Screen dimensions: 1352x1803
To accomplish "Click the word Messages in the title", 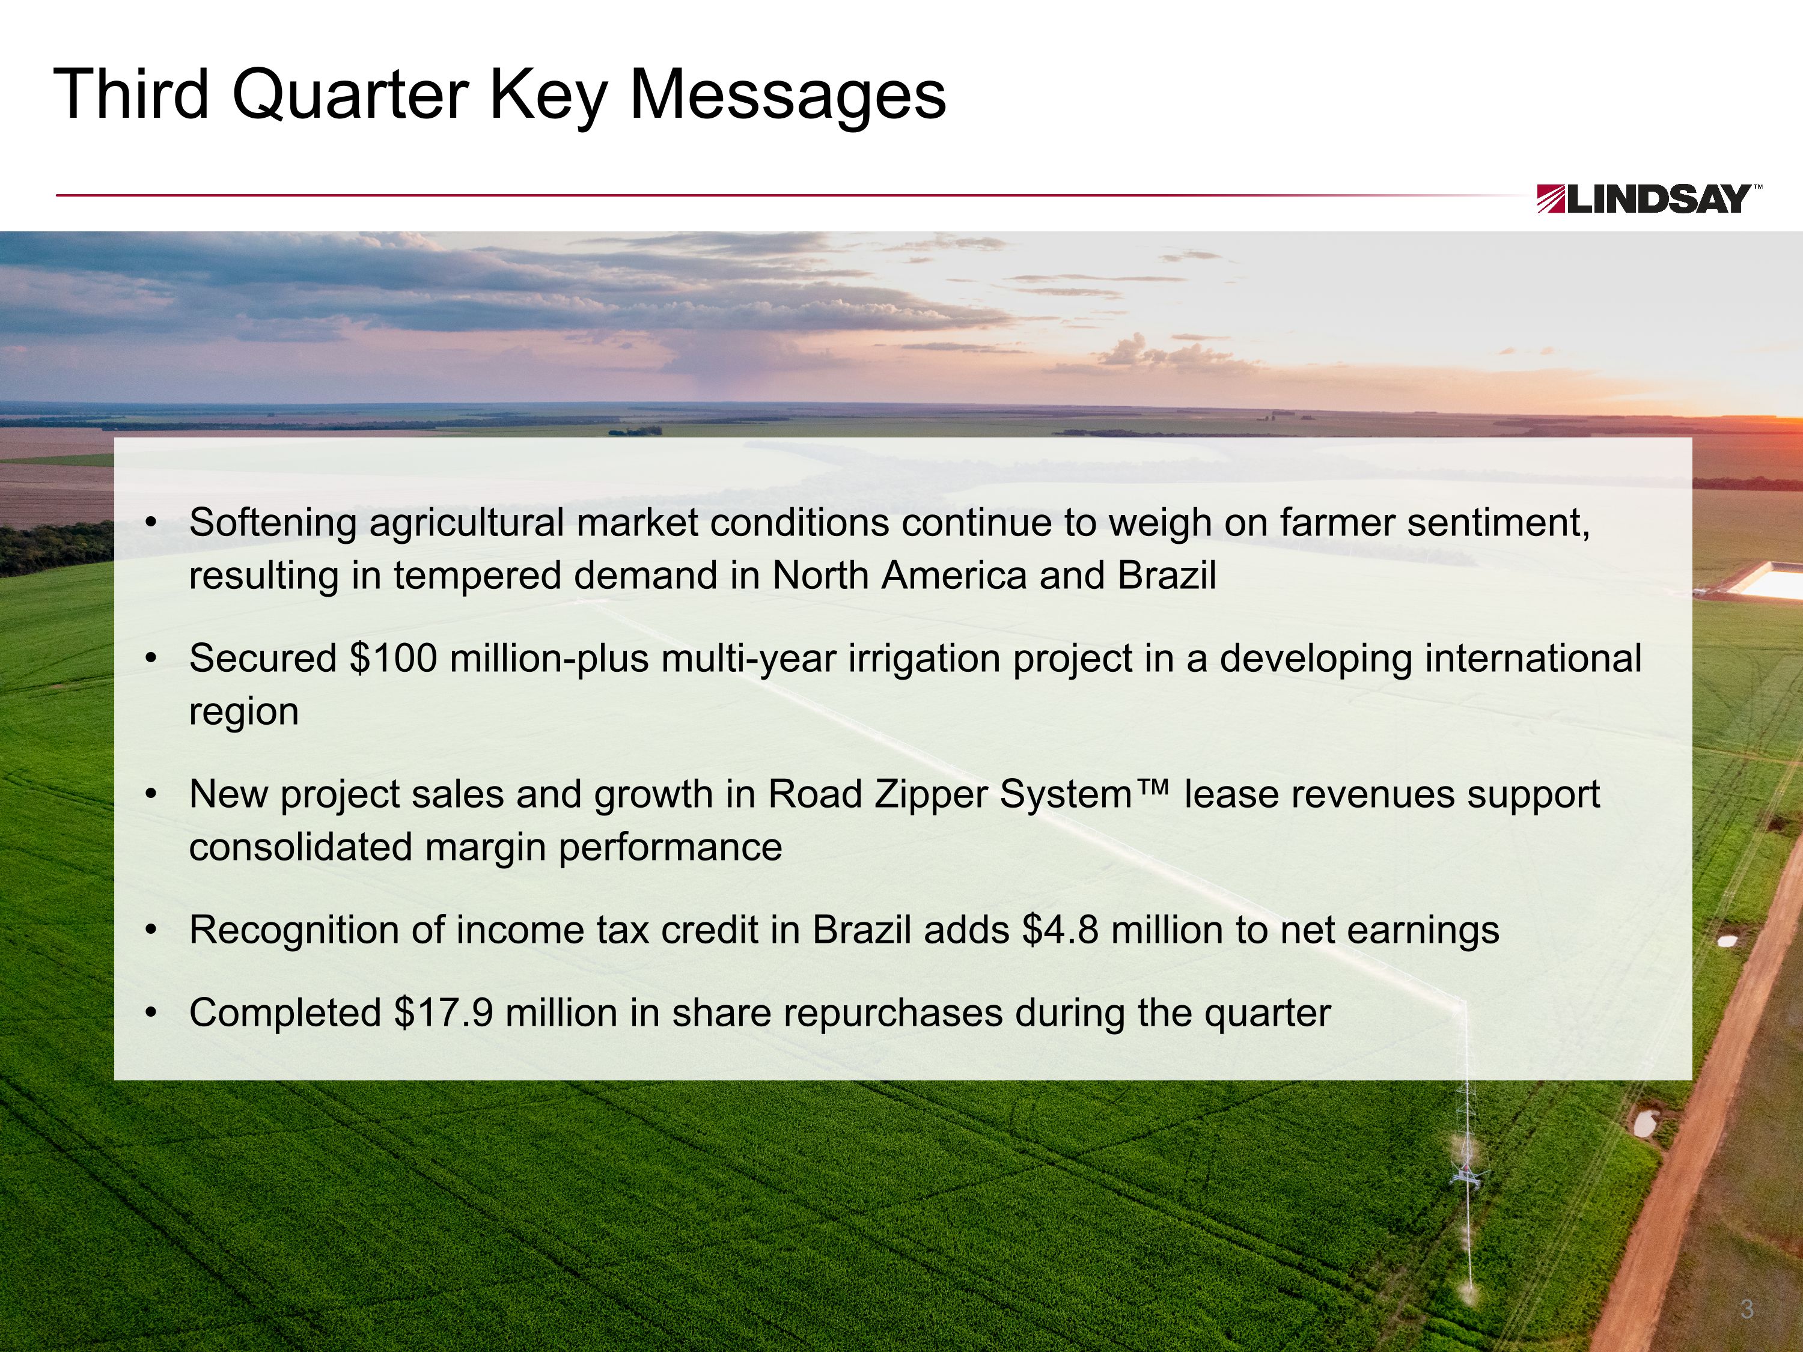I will tap(787, 96).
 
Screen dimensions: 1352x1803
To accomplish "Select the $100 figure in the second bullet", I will tap(394, 659).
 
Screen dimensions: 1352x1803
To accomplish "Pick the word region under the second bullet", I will tap(244, 711).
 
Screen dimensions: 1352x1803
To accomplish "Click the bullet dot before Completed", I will tap(150, 1014).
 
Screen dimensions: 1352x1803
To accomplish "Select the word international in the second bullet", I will tap(1531, 659).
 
